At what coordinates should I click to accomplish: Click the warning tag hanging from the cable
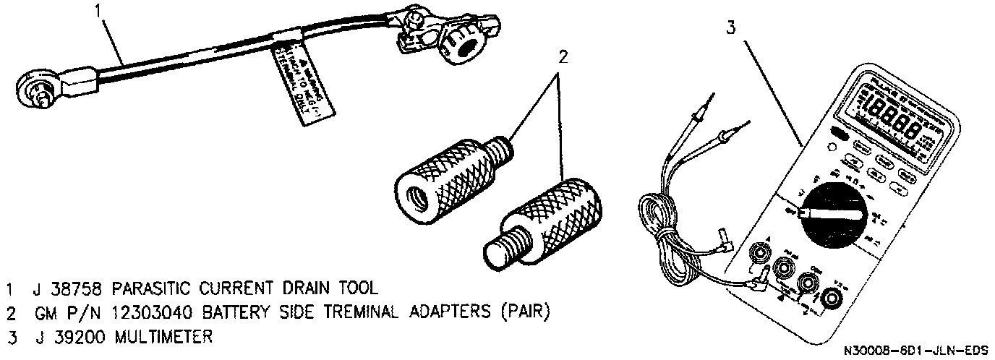click(303, 80)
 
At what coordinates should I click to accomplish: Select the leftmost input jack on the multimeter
click(759, 254)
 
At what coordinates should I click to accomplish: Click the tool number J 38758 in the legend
click(63, 290)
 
